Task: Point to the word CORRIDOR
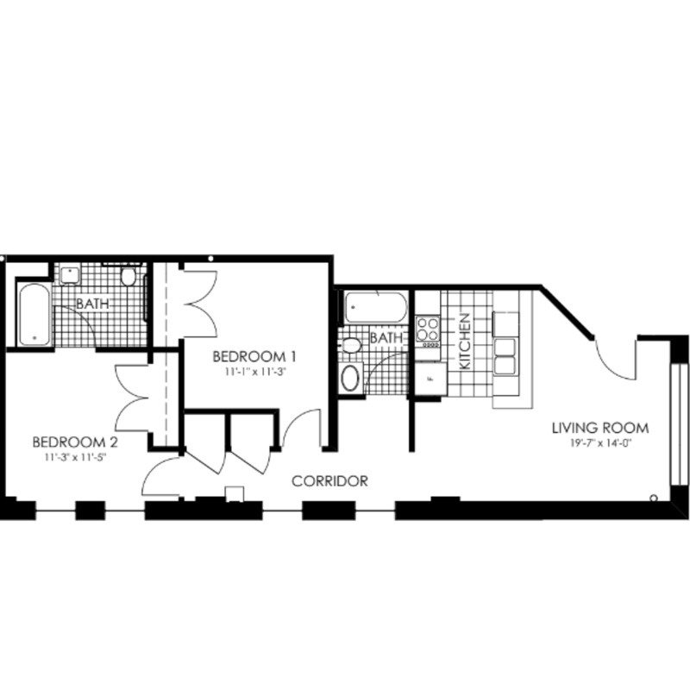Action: click(x=330, y=481)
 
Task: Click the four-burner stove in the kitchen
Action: click(x=428, y=329)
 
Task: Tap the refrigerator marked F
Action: click(x=429, y=378)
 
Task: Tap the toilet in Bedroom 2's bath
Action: click(x=129, y=277)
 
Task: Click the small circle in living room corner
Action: click(x=654, y=498)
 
